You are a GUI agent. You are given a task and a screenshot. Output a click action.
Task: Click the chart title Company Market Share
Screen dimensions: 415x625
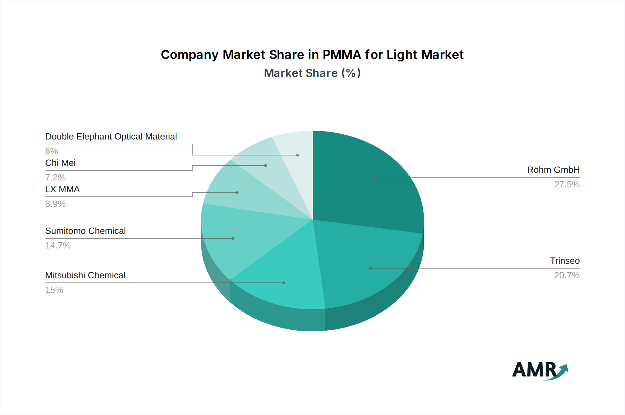click(312, 55)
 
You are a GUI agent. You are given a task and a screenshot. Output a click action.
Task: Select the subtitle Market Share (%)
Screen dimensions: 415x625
click(312, 73)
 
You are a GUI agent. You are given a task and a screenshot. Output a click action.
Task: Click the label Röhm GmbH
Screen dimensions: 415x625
click(553, 170)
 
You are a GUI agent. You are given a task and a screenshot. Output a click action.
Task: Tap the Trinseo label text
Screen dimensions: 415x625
click(565, 261)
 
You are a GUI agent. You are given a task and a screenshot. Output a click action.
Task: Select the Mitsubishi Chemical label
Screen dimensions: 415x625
click(85, 276)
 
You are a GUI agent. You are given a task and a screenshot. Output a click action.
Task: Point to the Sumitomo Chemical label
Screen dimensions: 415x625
click(85, 231)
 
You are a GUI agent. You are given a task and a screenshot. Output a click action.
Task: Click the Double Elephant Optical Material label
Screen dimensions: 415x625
click(111, 137)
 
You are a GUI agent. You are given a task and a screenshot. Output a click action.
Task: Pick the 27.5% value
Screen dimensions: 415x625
click(567, 185)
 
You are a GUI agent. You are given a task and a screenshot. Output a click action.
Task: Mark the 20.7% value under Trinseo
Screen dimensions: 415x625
click(567, 276)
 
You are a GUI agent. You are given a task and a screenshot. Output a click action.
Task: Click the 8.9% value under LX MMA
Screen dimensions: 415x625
click(55, 204)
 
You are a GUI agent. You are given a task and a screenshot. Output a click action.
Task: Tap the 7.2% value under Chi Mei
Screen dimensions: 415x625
click(55, 178)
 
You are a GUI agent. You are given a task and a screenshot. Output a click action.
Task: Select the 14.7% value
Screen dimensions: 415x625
click(58, 246)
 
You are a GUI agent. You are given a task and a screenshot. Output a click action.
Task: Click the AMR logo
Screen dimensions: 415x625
click(540, 371)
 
